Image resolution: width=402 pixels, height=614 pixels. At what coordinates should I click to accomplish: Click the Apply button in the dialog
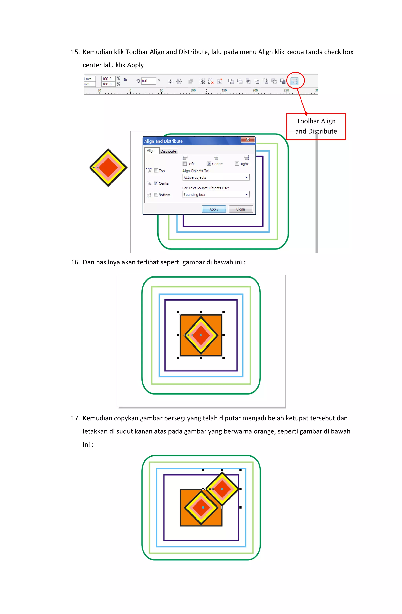click(x=214, y=209)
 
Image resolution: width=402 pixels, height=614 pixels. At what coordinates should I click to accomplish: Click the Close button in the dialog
click(x=240, y=209)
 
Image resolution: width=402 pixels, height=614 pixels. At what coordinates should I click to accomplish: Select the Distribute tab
click(x=168, y=151)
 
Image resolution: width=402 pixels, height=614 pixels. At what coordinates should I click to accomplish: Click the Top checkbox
click(x=156, y=171)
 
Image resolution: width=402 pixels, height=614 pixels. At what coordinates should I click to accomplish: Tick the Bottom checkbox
click(x=156, y=195)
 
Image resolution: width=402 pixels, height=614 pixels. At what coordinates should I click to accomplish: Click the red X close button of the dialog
click(x=248, y=139)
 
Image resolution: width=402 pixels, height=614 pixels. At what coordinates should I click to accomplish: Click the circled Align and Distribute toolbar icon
click(x=294, y=81)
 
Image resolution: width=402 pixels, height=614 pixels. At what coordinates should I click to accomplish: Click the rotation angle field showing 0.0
click(x=148, y=81)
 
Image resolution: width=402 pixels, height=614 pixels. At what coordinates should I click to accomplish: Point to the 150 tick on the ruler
click(x=224, y=91)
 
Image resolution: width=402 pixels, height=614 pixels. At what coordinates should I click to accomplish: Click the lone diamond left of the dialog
click(x=108, y=167)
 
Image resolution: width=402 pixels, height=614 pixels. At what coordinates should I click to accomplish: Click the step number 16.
click(x=75, y=262)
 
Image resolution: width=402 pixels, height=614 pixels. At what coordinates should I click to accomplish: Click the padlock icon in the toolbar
click(x=125, y=79)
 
